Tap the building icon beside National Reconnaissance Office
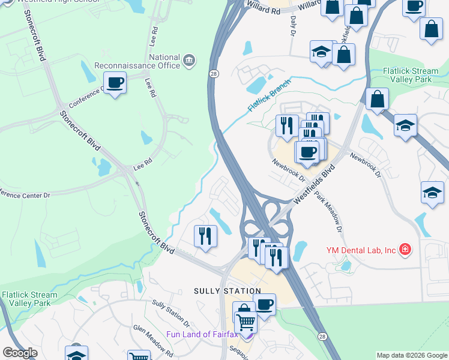coord(189,61)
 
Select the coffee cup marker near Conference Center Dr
coord(115,82)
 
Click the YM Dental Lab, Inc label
coord(361,250)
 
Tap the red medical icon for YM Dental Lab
coord(405,249)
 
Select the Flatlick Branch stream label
coord(269,95)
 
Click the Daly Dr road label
coord(294,26)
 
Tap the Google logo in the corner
coord(20,353)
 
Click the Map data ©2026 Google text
coord(411,355)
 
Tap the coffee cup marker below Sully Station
coord(264,305)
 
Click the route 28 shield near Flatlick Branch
coord(214,73)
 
